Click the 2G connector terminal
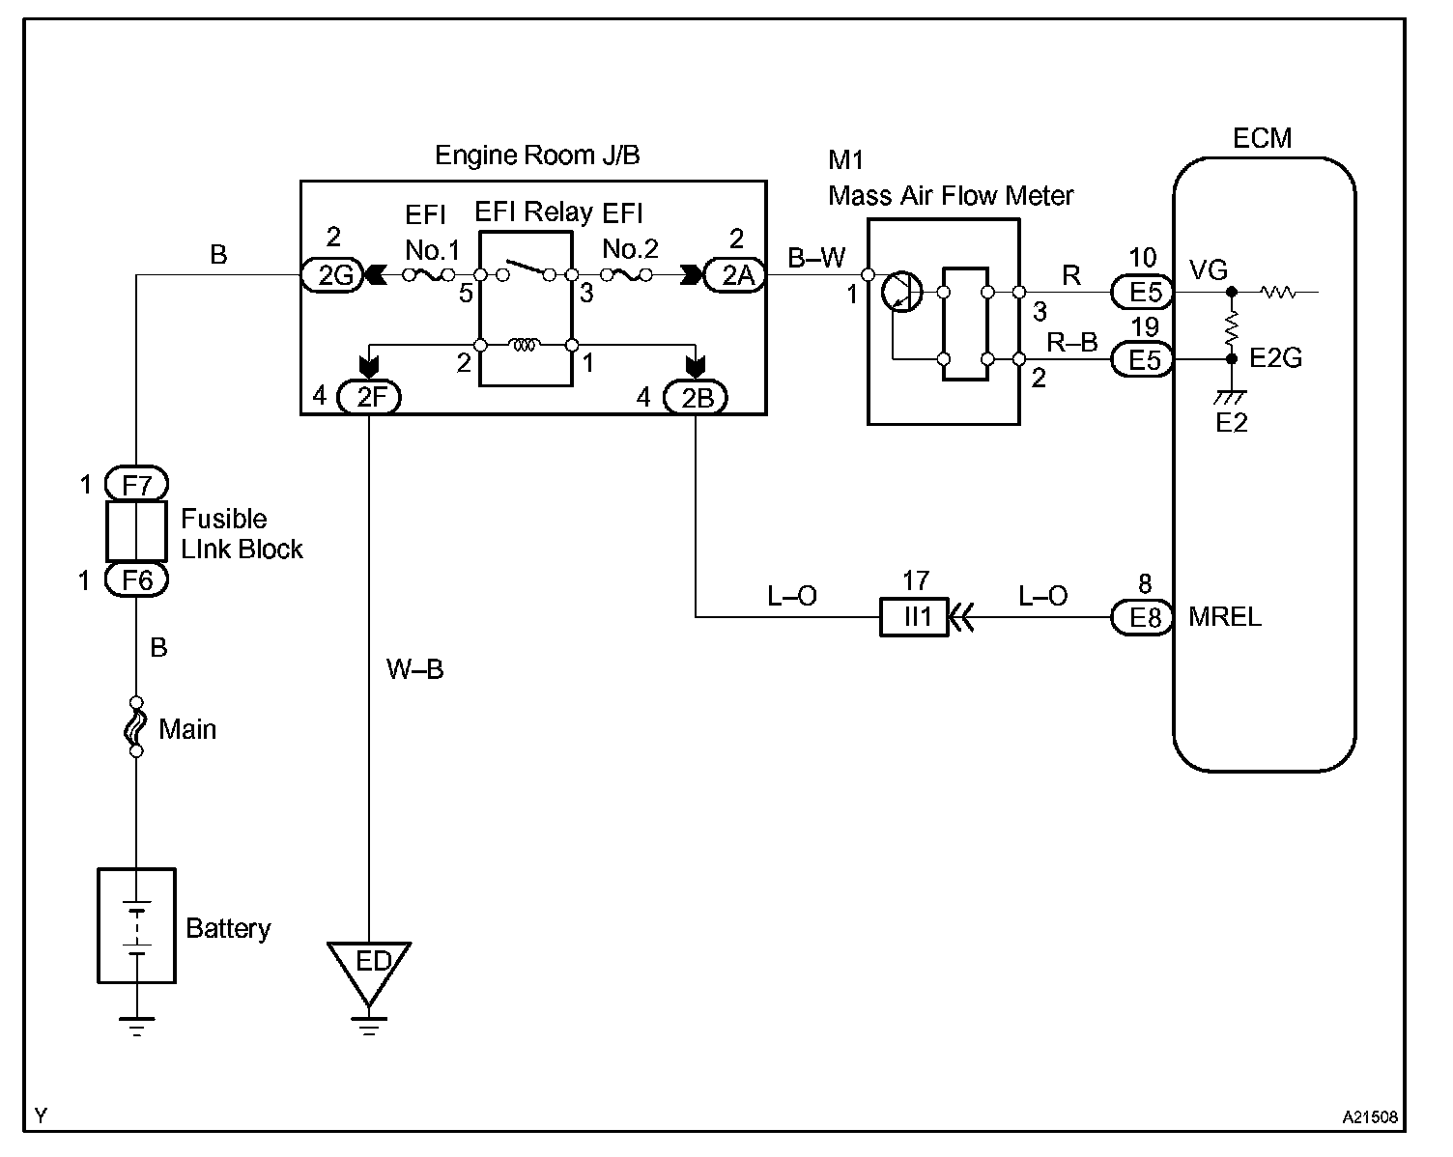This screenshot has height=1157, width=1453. [333, 276]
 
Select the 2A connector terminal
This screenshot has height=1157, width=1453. [736, 276]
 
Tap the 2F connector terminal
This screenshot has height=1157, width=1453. [370, 396]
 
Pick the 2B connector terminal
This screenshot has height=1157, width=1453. [696, 396]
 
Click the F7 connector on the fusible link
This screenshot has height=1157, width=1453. [136, 483]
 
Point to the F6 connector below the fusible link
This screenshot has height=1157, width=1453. [136, 579]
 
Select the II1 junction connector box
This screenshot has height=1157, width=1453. [915, 616]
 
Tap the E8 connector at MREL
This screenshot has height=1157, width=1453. [1143, 616]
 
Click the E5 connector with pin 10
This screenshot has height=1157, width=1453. [1143, 291]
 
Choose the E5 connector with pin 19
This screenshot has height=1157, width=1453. [1143, 359]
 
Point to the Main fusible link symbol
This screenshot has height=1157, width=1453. [136, 726]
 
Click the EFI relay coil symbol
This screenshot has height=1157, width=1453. [525, 345]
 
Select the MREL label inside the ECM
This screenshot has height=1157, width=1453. [1224, 616]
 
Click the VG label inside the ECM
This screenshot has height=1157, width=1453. [1208, 270]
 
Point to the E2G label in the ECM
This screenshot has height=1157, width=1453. [1275, 358]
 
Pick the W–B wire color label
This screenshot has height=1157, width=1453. [414, 668]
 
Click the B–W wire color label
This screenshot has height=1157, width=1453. [816, 257]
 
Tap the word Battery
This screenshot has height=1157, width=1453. [228, 929]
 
